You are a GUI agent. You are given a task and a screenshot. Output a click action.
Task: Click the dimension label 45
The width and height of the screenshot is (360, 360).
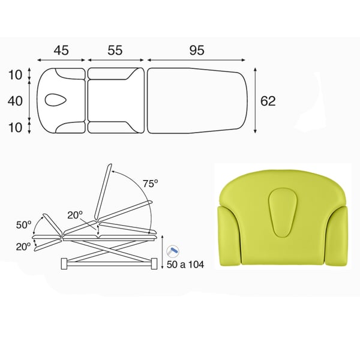coord(61,50)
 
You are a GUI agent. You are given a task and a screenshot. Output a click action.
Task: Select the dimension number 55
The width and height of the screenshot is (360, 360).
coord(115,50)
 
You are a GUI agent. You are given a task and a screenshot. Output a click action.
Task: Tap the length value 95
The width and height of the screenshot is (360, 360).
coord(197,50)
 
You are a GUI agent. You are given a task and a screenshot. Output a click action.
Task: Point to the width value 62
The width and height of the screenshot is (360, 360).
coord(268,101)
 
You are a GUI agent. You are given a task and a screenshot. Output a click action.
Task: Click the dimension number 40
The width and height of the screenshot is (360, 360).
coord(15,101)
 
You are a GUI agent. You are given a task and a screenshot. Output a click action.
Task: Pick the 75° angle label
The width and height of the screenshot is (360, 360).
coord(151,184)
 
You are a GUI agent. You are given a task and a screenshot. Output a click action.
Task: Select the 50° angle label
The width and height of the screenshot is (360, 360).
coord(23,225)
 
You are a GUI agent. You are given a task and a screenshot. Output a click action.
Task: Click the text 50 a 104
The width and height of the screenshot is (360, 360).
coord(185,265)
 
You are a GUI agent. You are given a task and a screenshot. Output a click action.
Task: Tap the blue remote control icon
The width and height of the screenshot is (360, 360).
coord(173,251)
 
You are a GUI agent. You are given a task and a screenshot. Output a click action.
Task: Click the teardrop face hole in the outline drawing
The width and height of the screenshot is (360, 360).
coord(56,100)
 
